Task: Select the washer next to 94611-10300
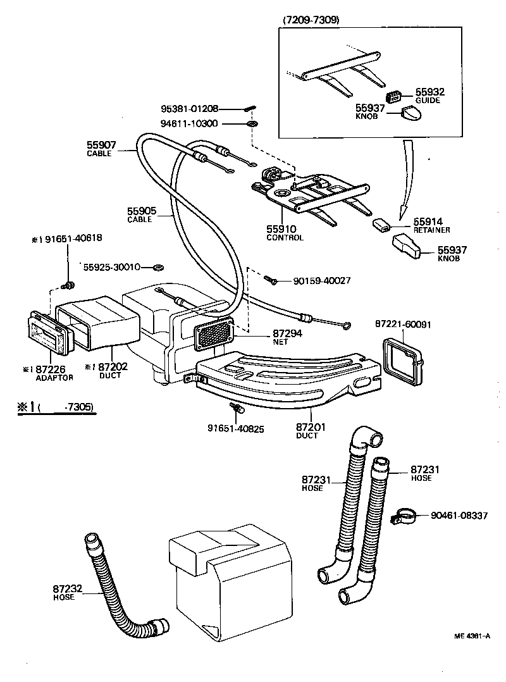coord(252,123)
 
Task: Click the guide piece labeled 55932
coord(395,96)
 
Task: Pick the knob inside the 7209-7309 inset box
coord(412,115)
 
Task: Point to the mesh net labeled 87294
coord(212,335)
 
